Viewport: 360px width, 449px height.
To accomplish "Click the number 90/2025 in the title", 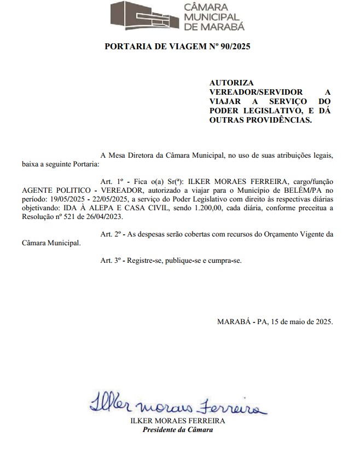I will (233, 47).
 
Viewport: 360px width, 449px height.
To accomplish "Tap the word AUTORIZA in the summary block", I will (228, 83).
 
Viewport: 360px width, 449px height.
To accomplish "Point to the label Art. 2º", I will (109, 234).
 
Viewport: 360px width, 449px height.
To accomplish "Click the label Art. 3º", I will (109, 260).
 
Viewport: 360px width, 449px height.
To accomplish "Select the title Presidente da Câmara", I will (178, 429).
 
